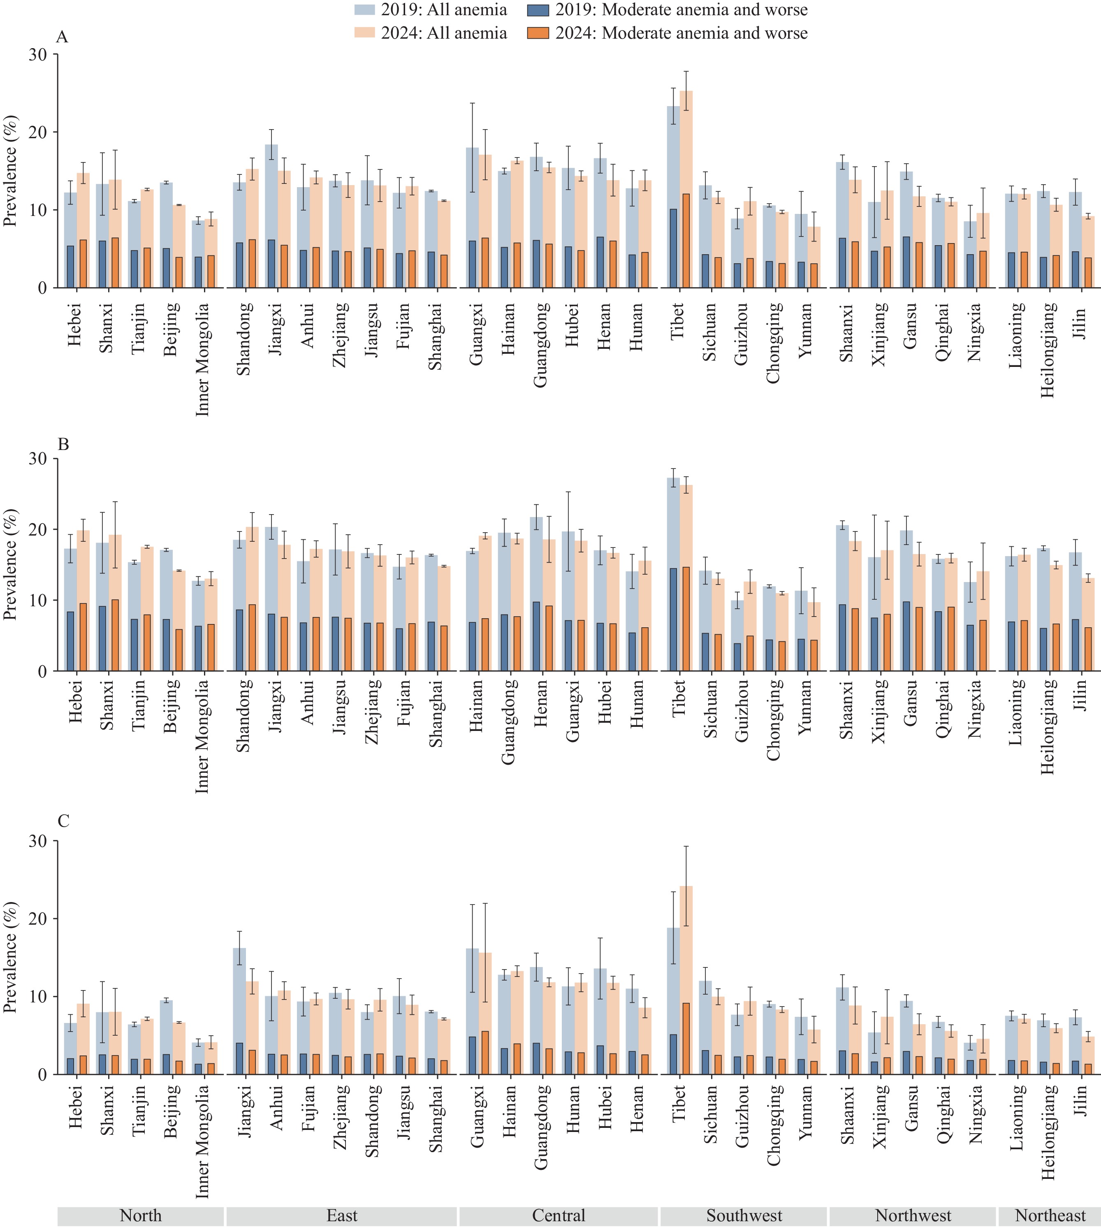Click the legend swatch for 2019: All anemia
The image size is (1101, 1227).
(x=365, y=10)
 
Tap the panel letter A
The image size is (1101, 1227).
(x=62, y=37)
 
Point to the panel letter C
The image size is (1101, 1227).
(x=63, y=821)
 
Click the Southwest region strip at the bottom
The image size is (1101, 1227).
(x=744, y=1215)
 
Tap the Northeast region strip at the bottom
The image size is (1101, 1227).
(x=1050, y=1215)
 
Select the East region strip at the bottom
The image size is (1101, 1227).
(x=342, y=1215)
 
